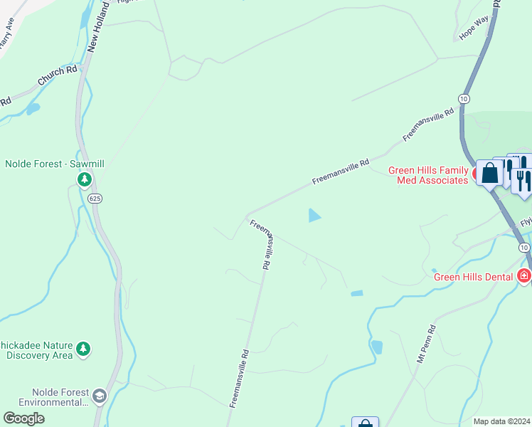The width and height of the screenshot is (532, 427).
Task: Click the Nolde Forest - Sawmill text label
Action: pyautogui.click(x=55, y=164)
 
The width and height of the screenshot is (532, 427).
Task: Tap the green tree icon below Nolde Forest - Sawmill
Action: pyautogui.click(x=85, y=179)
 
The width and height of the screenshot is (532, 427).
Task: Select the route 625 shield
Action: pyautogui.click(x=96, y=199)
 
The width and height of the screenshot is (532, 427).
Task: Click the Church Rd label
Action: pyautogui.click(x=58, y=76)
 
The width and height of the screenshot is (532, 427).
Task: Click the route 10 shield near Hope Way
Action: pyautogui.click(x=464, y=97)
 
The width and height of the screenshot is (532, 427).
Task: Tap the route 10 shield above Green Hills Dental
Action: pyautogui.click(x=523, y=247)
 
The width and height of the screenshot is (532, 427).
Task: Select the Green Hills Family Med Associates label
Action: pyautogui.click(x=427, y=175)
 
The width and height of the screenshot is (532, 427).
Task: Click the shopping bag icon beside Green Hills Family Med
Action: pyautogui.click(x=490, y=173)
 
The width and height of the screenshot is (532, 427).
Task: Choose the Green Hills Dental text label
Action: pyautogui.click(x=473, y=277)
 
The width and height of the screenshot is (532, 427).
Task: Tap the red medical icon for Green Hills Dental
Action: pyautogui.click(x=525, y=275)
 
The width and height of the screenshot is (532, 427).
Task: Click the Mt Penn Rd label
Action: pyautogui.click(x=426, y=345)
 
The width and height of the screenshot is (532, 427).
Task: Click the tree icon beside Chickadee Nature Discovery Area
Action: pyautogui.click(x=84, y=348)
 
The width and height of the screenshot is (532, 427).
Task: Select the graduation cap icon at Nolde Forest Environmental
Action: pyautogui.click(x=100, y=396)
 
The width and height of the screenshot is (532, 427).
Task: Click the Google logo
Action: pyautogui.click(x=23, y=418)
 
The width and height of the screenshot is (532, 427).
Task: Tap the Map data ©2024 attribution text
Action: pyautogui.click(x=501, y=421)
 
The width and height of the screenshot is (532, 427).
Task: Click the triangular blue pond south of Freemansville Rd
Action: pyautogui.click(x=314, y=215)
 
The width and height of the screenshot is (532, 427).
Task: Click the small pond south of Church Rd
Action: pyautogui.click(x=32, y=109)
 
